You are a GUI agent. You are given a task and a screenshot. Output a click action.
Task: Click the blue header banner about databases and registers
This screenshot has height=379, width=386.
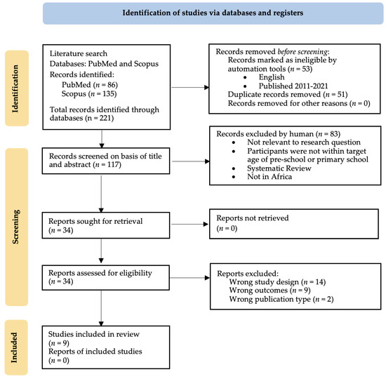coord(213,13)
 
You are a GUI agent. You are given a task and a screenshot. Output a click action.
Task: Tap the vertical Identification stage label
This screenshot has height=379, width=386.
coord(15,88)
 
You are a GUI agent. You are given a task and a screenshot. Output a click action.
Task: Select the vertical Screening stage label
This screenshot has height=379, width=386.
coord(15,227)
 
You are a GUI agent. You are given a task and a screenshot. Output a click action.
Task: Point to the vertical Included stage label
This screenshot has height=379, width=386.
coord(14,347)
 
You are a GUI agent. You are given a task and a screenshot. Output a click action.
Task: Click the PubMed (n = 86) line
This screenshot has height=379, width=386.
coord(90,85)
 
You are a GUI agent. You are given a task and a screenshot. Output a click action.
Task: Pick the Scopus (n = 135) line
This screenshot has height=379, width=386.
coord(89,94)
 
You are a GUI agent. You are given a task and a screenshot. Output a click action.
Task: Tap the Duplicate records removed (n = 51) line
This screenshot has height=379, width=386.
coord(288,95)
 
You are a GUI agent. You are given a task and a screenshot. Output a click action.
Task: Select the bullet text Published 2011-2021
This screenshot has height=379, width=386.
coord(293,86)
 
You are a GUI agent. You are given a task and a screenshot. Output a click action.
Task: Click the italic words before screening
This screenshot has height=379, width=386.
coord(302,52)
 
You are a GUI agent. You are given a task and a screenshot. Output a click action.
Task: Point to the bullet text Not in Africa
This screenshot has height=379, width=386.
coord(269,177)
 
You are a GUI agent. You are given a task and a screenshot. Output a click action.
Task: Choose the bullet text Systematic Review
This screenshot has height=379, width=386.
coord(279,168)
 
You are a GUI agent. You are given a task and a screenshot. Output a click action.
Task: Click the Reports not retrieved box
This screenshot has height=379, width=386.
coord(294,224)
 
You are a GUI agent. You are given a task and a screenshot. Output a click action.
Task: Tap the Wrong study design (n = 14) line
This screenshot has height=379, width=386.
coord(277,282)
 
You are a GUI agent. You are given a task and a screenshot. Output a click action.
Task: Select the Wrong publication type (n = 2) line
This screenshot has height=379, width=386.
coord(281,299)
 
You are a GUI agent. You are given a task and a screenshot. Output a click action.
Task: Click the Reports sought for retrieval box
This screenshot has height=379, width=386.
coord(106,225)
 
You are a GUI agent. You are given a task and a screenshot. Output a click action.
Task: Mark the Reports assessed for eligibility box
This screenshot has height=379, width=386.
coord(106,277)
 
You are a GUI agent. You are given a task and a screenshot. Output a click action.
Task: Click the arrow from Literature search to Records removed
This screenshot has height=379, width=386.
coord(189,87)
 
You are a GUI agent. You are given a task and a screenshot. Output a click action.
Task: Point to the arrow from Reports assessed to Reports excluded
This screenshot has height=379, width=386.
coord(189,278)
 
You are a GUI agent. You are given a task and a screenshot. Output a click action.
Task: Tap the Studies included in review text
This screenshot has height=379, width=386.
coord(94,334)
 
